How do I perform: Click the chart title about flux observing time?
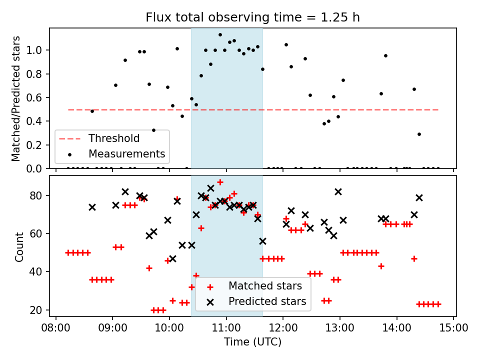[252, 17]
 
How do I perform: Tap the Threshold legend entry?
[114, 138]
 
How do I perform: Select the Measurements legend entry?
[126, 153]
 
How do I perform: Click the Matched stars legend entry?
[265, 286]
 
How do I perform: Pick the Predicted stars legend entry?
[267, 301]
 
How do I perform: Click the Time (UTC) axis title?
[252, 342]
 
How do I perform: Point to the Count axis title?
[19, 246]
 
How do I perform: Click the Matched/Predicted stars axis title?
[16, 98]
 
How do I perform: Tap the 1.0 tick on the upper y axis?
[37, 50]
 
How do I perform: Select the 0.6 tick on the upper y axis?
[37, 98]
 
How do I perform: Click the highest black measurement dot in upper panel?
[220, 34]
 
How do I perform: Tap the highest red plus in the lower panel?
[220, 182]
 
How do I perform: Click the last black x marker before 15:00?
[419, 197]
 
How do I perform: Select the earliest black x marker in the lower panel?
[92, 207]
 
